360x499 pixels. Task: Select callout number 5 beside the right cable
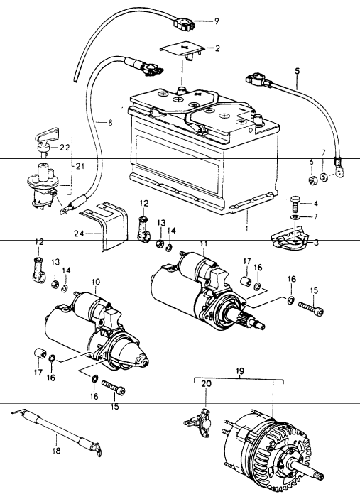tap(297, 72)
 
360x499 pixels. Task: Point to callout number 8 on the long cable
tap(110, 122)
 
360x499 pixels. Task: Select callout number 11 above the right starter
tap(204, 245)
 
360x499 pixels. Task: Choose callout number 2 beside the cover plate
tap(217, 49)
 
